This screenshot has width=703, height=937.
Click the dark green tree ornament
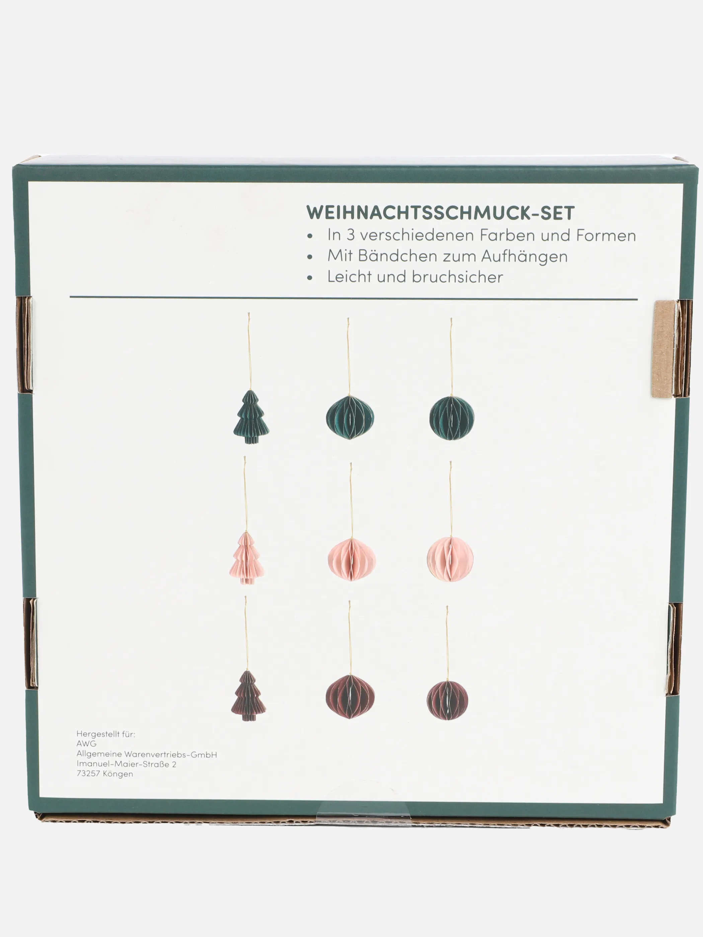pyautogui.click(x=251, y=417)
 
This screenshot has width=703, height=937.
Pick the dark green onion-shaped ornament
pyautogui.click(x=350, y=417)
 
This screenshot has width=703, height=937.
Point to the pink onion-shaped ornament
pyautogui.click(x=351, y=559)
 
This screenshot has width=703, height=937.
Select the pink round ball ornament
pyautogui.click(x=450, y=559)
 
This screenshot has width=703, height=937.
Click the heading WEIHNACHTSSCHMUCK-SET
pyautogui.click(x=440, y=212)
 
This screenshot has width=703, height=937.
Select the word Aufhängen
pyautogui.click(x=524, y=256)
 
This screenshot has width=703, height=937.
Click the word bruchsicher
pyautogui.click(x=457, y=277)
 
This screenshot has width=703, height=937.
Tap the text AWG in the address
pyautogui.click(x=86, y=744)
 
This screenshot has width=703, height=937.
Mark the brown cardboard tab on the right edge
pyautogui.click(x=663, y=349)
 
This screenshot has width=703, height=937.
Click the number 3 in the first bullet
pyautogui.click(x=350, y=236)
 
